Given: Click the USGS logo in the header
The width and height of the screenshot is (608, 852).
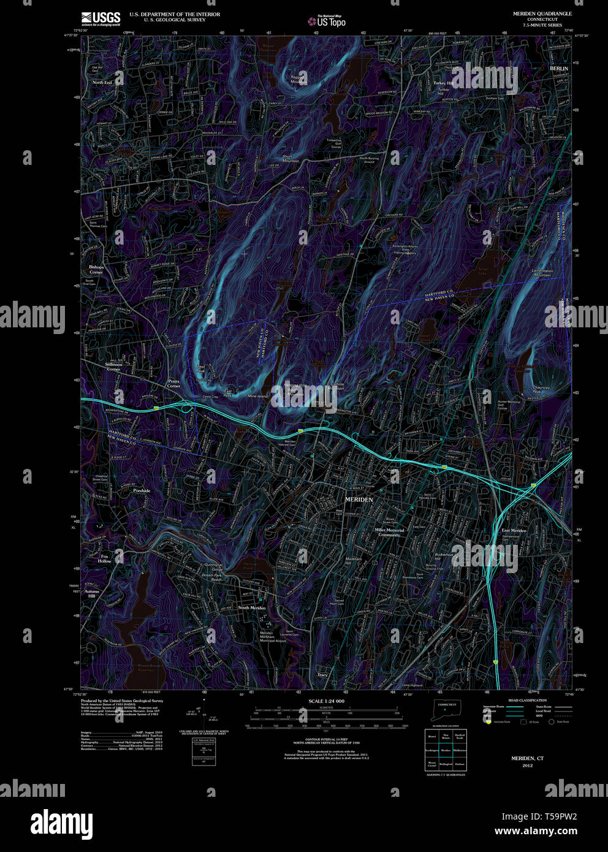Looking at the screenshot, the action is coord(101,17).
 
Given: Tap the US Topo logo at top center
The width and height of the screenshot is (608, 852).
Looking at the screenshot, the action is coord(327,21).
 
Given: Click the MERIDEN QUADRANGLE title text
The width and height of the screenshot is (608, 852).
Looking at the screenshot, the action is coord(542,13).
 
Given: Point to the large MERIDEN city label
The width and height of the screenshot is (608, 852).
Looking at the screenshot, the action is coord(359,500).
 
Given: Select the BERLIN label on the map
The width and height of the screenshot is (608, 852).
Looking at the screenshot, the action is coord(559,69).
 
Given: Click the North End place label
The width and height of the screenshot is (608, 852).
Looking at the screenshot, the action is coord(102,82).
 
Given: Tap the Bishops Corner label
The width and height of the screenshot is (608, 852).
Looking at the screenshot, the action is coord(96,270).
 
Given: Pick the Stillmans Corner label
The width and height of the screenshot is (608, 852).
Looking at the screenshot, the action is coord(113,367).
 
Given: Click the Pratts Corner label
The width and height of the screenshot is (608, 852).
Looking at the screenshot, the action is coord(173,383).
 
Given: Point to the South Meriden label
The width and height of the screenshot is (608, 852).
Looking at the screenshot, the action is coord(251,607).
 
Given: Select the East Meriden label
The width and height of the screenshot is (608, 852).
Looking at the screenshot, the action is coord(514,530).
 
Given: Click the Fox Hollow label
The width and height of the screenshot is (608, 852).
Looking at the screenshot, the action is coord(105,558).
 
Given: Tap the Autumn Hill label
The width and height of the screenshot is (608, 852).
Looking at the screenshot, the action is coord(92,593).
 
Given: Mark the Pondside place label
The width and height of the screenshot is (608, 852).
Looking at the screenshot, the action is coord(142,490).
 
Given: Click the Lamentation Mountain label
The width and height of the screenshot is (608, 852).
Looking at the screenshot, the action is coord(542,273).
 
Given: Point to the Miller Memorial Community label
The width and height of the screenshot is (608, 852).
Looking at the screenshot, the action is coord(389,532).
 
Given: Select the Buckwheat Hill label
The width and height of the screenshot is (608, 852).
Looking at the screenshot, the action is coord(444,557).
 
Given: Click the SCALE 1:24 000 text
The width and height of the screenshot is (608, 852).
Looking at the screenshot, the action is coord(326,701).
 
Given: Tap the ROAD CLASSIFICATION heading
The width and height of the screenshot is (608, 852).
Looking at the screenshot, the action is coord(527,700).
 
